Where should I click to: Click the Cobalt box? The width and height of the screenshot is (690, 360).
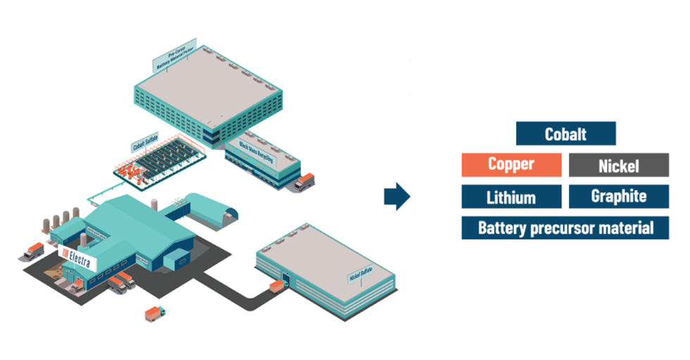coord(565,134)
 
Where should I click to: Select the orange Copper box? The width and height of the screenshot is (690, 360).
coord(511,165)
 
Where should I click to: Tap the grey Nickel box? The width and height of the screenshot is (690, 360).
coord(618,166)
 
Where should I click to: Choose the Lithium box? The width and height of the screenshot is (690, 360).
coord(511,197)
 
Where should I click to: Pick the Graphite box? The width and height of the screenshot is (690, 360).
coord(618,197)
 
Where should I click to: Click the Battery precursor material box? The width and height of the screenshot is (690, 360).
coord(565,228)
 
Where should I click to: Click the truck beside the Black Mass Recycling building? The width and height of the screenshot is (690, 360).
coord(304,182)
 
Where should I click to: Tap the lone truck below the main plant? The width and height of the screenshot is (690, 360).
coord(155,314)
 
